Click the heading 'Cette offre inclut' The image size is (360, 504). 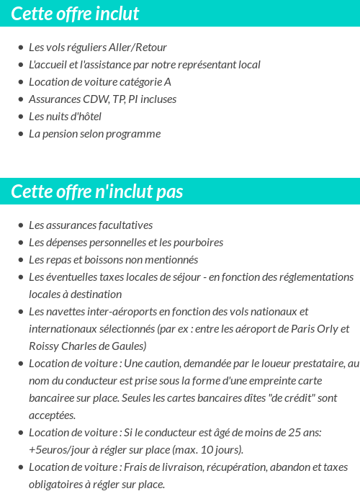pyautogui.click(x=75, y=14)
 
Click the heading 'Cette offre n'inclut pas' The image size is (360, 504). pyautogui.click(x=97, y=192)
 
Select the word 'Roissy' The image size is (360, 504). pyautogui.click(x=44, y=346)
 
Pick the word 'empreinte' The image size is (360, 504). pyautogui.click(x=254, y=381)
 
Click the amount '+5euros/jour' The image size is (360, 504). pyautogui.click(x=60, y=450)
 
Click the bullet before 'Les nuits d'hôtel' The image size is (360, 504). pyautogui.click(x=20, y=117)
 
